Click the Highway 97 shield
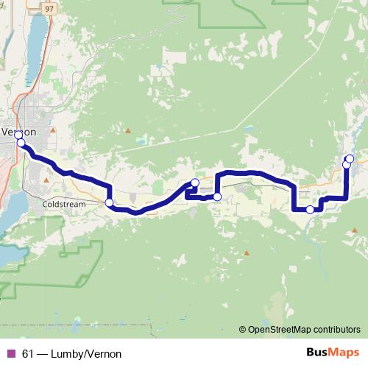click(49, 7)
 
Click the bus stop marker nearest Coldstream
click(109, 202)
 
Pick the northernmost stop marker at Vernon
click(18, 135)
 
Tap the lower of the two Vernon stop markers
click(21, 143)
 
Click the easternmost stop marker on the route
click(350, 159)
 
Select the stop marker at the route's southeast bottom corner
click(310, 210)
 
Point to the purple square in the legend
click(10, 354)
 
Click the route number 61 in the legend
click(28, 354)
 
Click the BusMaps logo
click(332, 353)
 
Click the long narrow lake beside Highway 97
click(34, 44)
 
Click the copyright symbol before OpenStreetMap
click(243, 329)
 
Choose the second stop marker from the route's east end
click(346, 165)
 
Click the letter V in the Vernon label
click(7, 132)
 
